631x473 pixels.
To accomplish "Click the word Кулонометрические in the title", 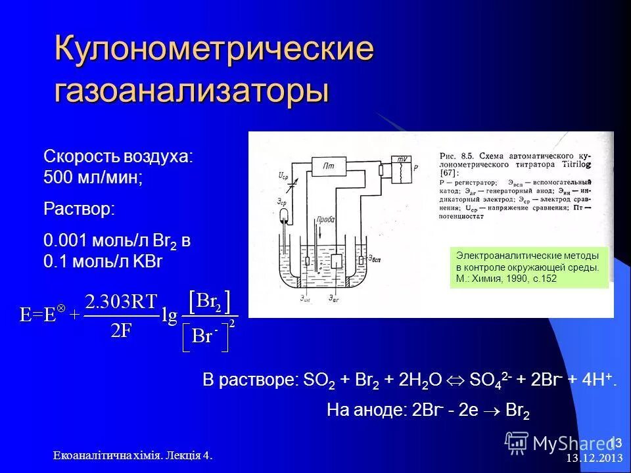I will click(x=214, y=51).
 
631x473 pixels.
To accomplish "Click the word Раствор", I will click(x=78, y=208).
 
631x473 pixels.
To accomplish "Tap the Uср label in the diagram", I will click(x=283, y=176).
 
